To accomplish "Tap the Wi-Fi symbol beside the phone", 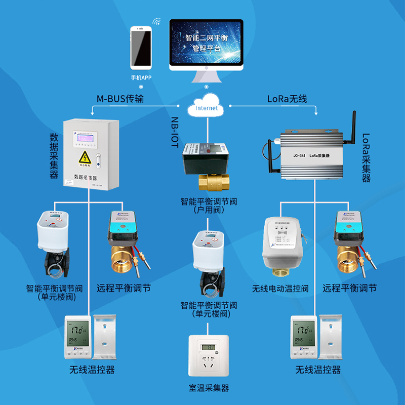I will (157, 21).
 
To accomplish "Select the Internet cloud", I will (206, 106).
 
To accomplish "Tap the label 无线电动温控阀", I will (280, 289).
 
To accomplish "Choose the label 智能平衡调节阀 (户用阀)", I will (209, 205).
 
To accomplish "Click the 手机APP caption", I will (141, 77).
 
